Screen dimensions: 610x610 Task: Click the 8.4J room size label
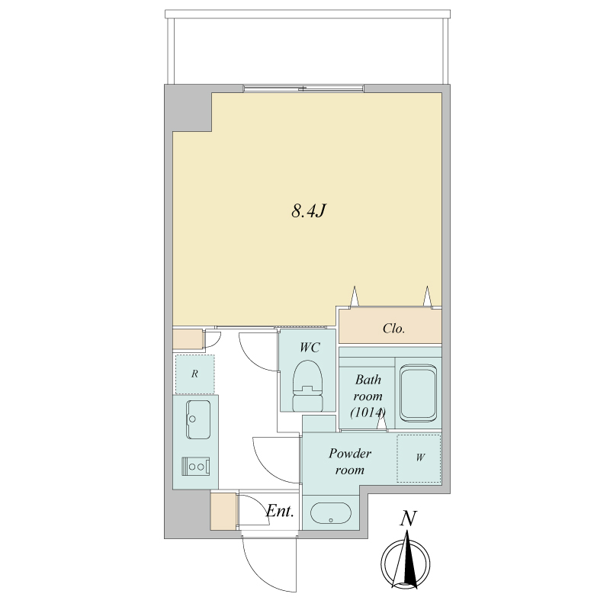point(308,211)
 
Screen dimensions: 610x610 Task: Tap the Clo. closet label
point(393,329)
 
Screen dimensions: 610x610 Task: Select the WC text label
point(310,348)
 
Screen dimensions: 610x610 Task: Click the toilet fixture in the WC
point(308,386)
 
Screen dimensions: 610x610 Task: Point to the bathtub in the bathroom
point(418,393)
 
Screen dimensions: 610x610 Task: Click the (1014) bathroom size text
point(368,413)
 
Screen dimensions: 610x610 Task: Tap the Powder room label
point(350,461)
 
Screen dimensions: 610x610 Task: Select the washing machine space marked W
point(419,458)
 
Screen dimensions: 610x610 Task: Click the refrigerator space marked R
point(194,374)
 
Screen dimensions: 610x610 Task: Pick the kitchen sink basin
point(198,419)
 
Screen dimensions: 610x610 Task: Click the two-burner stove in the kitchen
point(196,466)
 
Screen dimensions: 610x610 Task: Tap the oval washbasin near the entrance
point(331,513)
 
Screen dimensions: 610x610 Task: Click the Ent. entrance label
point(280,511)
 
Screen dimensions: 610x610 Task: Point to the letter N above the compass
point(408,518)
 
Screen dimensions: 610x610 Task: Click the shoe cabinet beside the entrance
point(223,511)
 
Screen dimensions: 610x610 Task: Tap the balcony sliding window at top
point(303,88)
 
